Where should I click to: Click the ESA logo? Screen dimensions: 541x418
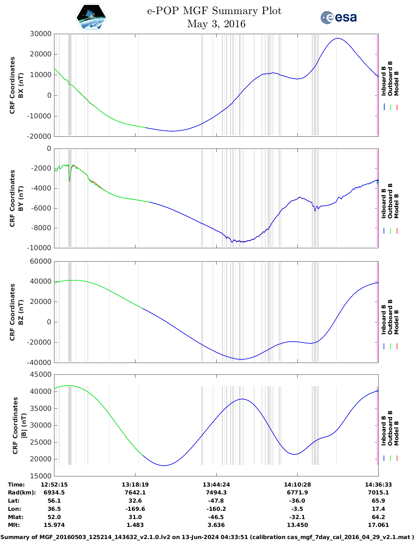(338, 17)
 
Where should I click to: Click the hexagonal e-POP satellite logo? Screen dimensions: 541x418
(91, 17)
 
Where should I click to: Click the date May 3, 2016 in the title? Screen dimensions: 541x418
(216, 24)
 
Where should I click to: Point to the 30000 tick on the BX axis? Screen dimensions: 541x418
(41, 34)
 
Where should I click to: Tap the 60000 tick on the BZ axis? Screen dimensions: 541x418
(41, 261)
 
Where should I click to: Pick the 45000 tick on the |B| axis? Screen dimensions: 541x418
(41, 374)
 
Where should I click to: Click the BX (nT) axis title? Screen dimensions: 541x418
(21, 85)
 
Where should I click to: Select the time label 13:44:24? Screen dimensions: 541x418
(216, 485)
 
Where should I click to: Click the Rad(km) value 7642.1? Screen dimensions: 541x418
(135, 492)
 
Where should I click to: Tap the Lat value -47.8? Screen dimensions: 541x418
(216, 501)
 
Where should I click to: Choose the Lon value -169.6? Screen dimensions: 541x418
(135, 509)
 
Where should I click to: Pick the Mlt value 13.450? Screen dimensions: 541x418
(297, 525)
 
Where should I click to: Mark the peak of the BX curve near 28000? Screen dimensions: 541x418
(338, 38)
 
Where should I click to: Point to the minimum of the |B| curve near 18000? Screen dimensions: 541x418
(164, 465)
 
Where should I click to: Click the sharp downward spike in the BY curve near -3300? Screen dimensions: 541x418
(70, 181)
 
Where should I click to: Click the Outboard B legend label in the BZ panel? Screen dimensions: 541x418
(390, 317)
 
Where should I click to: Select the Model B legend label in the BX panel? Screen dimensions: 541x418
(396, 83)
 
